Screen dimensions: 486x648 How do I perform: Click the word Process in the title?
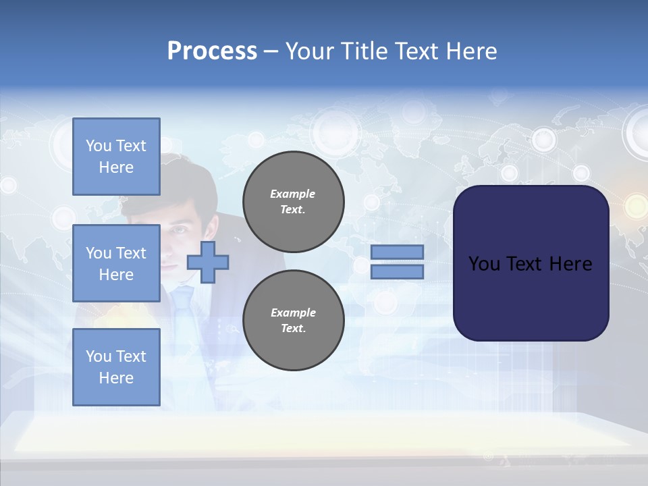point(212,51)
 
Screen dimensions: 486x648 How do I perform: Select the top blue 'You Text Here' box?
point(116,157)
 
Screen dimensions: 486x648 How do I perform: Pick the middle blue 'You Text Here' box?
point(116,263)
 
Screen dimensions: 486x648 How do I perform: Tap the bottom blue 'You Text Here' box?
point(116,367)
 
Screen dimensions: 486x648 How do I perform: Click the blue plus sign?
point(208,262)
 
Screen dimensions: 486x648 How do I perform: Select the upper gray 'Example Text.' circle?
point(293,201)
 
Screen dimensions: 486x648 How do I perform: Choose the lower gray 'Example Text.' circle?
point(293,320)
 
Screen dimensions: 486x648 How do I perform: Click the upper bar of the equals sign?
point(397,252)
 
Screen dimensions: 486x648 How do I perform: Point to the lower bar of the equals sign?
point(397,271)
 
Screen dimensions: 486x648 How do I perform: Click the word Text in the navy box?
point(531,264)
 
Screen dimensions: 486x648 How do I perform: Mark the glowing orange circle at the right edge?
point(635,205)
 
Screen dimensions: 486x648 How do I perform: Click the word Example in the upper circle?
point(293,194)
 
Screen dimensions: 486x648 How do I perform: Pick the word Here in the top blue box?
point(116,167)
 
